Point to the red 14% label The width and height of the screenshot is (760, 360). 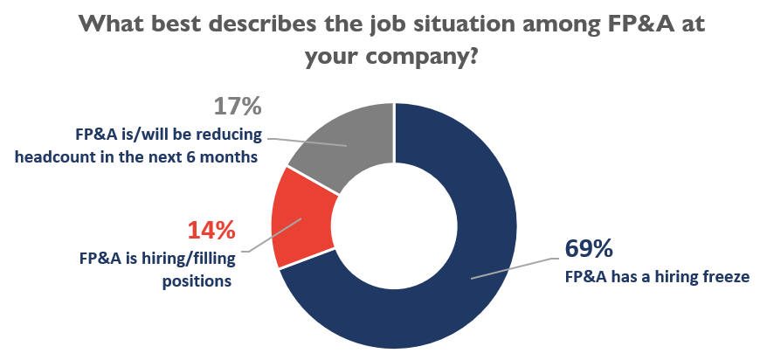tap(211, 231)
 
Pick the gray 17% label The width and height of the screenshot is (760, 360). tap(238, 107)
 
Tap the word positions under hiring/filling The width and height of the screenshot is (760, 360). tap(197, 281)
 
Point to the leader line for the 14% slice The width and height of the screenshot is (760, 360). tap(274, 235)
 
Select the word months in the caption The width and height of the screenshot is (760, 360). tap(231, 157)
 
